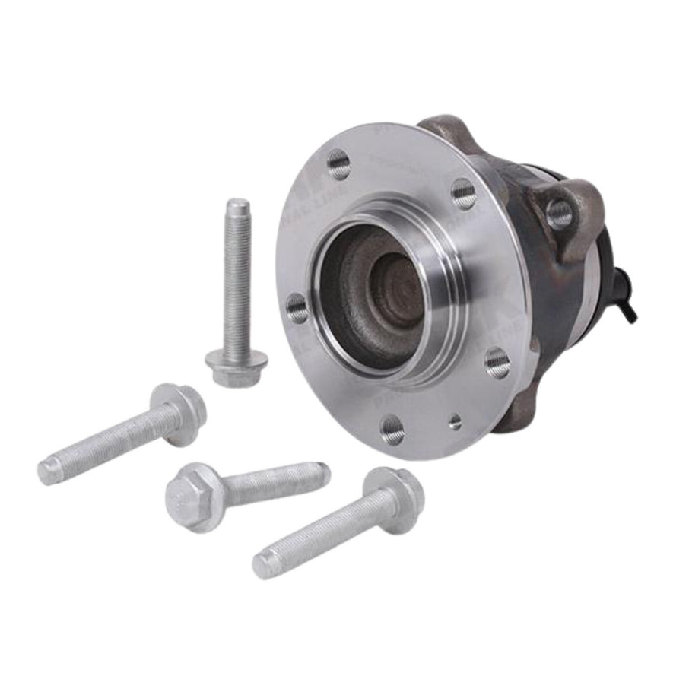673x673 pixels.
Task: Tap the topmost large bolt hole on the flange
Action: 338,163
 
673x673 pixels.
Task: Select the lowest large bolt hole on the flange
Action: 392,430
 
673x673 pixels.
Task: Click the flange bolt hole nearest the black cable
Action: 497,363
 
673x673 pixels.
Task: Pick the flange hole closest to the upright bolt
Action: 297,308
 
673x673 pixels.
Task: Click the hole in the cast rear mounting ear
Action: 559,214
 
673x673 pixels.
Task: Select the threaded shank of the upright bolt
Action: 237,281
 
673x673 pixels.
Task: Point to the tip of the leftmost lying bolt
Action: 49,471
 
